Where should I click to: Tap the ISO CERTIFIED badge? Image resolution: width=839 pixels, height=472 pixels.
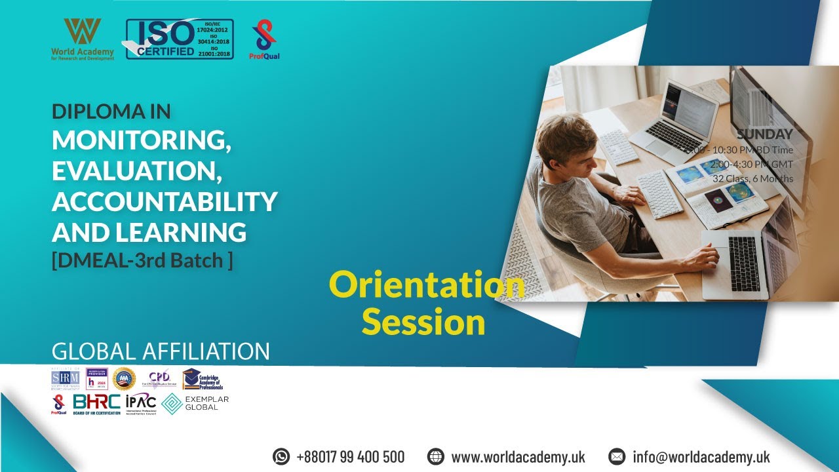[179, 39]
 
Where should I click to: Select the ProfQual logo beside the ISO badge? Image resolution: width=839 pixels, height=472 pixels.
[264, 39]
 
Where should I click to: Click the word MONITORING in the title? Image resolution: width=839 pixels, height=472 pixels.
[141, 140]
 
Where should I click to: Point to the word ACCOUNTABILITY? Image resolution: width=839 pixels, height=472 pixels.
[164, 201]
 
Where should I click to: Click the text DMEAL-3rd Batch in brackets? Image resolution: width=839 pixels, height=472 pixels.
[142, 260]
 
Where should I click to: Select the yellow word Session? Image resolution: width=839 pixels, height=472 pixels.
[423, 323]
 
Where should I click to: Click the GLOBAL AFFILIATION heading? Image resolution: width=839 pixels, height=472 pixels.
[161, 351]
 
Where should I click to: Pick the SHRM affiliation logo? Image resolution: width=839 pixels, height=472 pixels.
[65, 379]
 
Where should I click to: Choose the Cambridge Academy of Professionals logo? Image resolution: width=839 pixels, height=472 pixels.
[203, 379]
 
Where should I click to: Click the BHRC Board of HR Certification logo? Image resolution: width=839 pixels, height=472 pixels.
[96, 403]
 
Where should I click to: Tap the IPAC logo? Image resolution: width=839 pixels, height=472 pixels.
[140, 403]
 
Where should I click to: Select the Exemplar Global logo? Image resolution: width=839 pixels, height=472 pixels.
[195, 403]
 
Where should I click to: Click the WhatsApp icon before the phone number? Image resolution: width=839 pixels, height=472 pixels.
[281, 456]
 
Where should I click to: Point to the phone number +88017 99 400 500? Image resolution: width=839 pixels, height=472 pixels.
[350, 456]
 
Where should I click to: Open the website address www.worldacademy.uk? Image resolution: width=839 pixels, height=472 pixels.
[518, 456]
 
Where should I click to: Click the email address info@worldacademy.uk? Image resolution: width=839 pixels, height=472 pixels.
[701, 456]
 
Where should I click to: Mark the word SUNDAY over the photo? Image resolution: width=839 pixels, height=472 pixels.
[764, 134]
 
